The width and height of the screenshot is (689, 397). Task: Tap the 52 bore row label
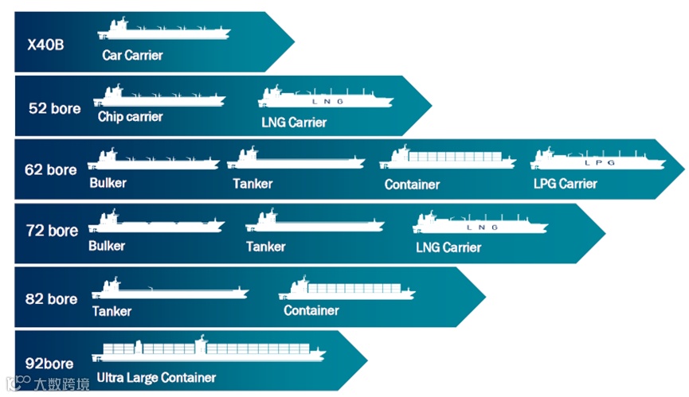[54, 108]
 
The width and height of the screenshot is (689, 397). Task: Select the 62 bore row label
[51, 169]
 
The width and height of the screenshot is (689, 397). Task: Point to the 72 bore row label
[52, 231]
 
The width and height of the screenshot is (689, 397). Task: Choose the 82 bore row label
[51, 299]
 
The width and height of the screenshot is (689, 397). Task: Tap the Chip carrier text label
[131, 117]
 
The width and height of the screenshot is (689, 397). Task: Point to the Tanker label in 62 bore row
[253, 184]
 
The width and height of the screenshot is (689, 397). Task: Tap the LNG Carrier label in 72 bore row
[448, 247]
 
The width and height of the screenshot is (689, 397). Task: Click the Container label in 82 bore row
[311, 310]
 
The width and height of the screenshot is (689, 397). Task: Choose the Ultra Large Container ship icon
[209, 350]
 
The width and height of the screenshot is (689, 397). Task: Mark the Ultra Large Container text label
[155, 378]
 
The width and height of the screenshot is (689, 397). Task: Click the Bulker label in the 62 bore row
[108, 183]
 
